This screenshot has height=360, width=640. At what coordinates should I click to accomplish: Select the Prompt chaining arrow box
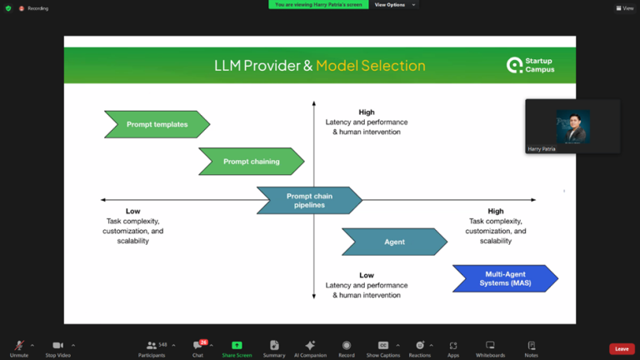click(x=251, y=162)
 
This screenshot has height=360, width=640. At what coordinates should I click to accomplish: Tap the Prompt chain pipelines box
click(x=309, y=200)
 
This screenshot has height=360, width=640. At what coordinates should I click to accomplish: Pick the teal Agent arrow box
click(x=394, y=242)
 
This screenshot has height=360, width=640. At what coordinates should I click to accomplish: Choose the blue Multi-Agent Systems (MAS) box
click(x=505, y=278)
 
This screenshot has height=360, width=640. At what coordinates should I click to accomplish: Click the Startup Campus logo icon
click(x=515, y=65)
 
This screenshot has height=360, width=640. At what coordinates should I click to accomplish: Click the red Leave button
click(x=622, y=349)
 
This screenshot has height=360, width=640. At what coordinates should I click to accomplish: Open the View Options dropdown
click(x=392, y=5)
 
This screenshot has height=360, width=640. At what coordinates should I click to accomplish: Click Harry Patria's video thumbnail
click(x=572, y=126)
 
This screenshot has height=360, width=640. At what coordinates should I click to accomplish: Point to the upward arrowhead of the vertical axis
click(x=314, y=104)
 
